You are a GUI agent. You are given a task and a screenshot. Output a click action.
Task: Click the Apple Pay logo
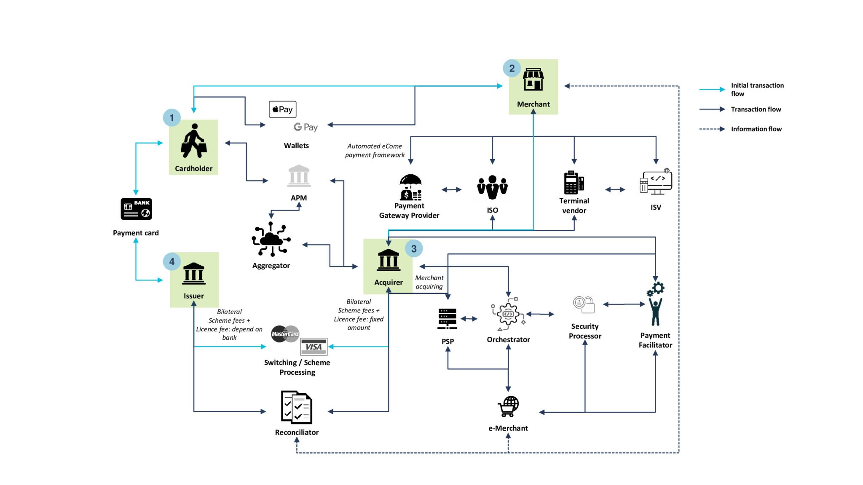pyautogui.click(x=282, y=109)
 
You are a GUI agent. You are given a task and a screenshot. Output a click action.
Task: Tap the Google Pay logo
pyautogui.click(x=306, y=127)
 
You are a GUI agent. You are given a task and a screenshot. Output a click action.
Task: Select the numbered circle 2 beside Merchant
pyautogui.click(x=512, y=68)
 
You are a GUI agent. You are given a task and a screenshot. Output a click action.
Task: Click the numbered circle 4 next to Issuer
pyautogui.click(x=172, y=261)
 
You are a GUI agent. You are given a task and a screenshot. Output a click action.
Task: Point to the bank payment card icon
pyautogui.click(x=136, y=209)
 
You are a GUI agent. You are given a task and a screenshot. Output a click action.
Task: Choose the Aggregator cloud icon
pyautogui.click(x=271, y=239)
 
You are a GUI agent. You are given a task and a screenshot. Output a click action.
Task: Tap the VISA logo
pyautogui.click(x=314, y=347)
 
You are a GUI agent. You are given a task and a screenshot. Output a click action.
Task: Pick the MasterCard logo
pyautogui.click(x=285, y=334)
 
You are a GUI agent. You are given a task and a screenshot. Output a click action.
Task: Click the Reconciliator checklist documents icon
pyautogui.click(x=297, y=407)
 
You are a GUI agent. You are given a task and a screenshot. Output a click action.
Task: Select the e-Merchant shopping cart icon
pyautogui.click(x=508, y=406)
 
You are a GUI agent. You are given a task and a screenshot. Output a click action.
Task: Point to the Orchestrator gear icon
pyautogui.click(x=508, y=314)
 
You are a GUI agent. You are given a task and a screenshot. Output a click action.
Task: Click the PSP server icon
pyautogui.click(x=447, y=318)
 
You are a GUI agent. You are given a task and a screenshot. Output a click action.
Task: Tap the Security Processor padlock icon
pyautogui.click(x=584, y=304)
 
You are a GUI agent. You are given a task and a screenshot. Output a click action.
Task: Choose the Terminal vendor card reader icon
pyautogui.click(x=574, y=183)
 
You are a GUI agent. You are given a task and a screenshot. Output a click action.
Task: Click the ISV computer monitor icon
pyautogui.click(x=656, y=182)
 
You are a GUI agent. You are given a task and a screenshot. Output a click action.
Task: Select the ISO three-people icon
pyautogui.click(x=492, y=187)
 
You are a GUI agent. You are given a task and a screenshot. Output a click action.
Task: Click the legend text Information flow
pyautogui.click(x=756, y=129)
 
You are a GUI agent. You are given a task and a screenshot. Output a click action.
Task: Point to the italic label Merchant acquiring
pyautogui.click(x=429, y=282)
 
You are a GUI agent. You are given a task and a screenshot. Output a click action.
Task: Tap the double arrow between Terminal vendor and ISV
pyautogui.click(x=615, y=189)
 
